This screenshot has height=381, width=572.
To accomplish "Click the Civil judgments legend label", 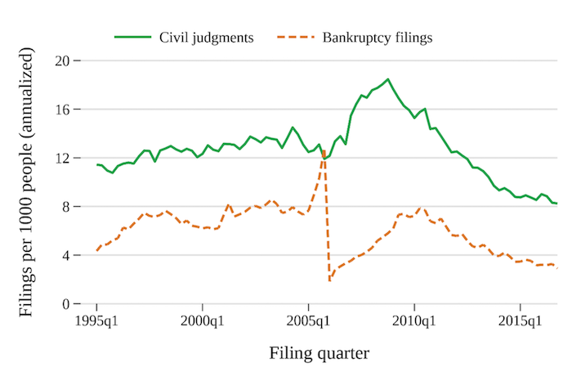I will pos(207,38).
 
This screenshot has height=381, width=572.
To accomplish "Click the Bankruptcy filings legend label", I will pos(377,38).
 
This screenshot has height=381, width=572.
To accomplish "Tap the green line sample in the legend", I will pos(132,38).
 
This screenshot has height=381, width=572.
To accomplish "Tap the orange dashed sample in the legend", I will pos(296,38).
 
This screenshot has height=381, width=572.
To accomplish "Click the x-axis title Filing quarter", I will pos(319,354).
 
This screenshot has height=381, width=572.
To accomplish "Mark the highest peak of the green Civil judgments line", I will pos(387,79).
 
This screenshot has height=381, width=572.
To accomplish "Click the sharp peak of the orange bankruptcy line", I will pos(324,150).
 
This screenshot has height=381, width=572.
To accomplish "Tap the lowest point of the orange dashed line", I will pos(329,280).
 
